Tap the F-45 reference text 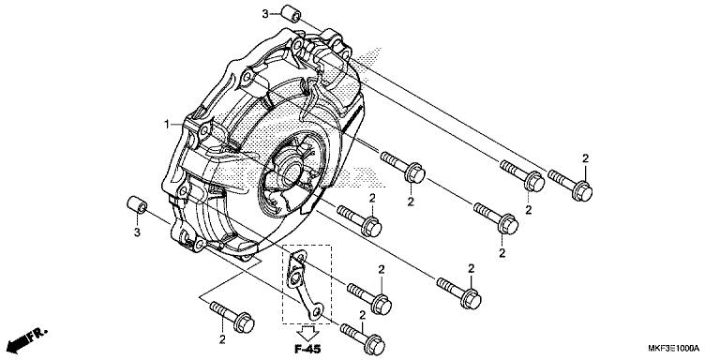[x=306, y=348]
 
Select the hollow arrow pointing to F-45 [x=306, y=330]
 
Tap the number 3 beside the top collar [x=265, y=13]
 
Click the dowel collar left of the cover [x=136, y=204]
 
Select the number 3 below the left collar [x=136, y=232]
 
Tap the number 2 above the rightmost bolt [x=585, y=158]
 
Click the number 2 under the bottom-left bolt [x=222, y=338]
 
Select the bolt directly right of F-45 [x=361, y=334]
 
